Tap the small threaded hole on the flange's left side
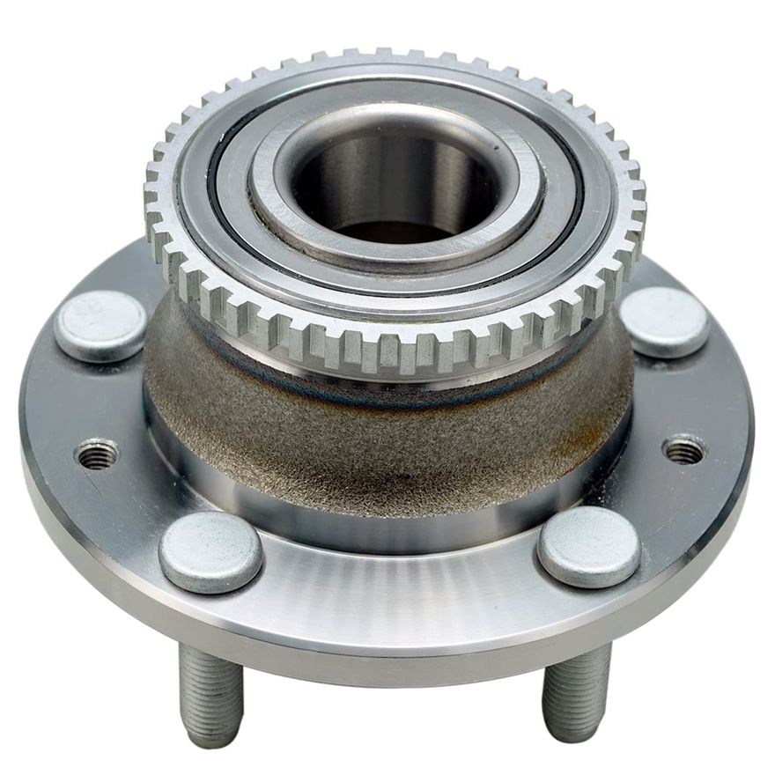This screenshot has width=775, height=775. (97, 454)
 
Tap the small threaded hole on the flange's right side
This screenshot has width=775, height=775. (683, 449)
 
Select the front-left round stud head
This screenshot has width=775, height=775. (210, 552)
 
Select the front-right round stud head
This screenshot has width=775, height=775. (588, 547)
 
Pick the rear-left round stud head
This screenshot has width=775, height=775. (100, 325)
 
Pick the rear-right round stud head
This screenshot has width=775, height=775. (665, 321)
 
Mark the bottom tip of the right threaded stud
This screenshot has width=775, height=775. (572, 733)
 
